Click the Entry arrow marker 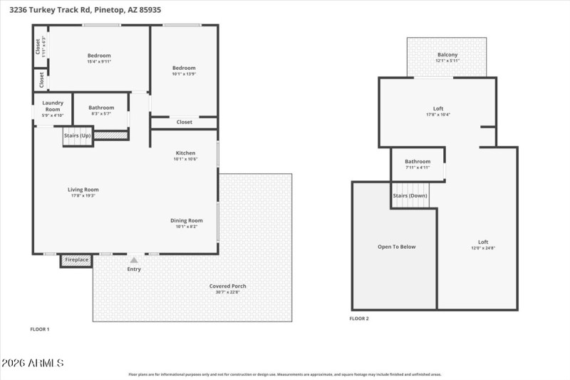(x=134, y=260)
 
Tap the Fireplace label (x=77, y=260)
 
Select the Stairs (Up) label (x=77, y=135)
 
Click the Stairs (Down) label (x=410, y=195)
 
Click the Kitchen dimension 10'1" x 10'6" (x=186, y=159)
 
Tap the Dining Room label (x=186, y=220)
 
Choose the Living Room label (x=83, y=190)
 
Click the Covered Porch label (x=227, y=286)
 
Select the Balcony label (x=447, y=55)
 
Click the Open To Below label (x=396, y=247)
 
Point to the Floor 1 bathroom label (x=101, y=108)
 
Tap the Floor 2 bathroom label (x=418, y=161)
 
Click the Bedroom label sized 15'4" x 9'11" (x=99, y=56)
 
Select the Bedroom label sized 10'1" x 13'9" (x=184, y=68)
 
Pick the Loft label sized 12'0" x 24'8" (x=483, y=242)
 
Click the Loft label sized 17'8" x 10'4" (x=438, y=108)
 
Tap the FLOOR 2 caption (x=359, y=319)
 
